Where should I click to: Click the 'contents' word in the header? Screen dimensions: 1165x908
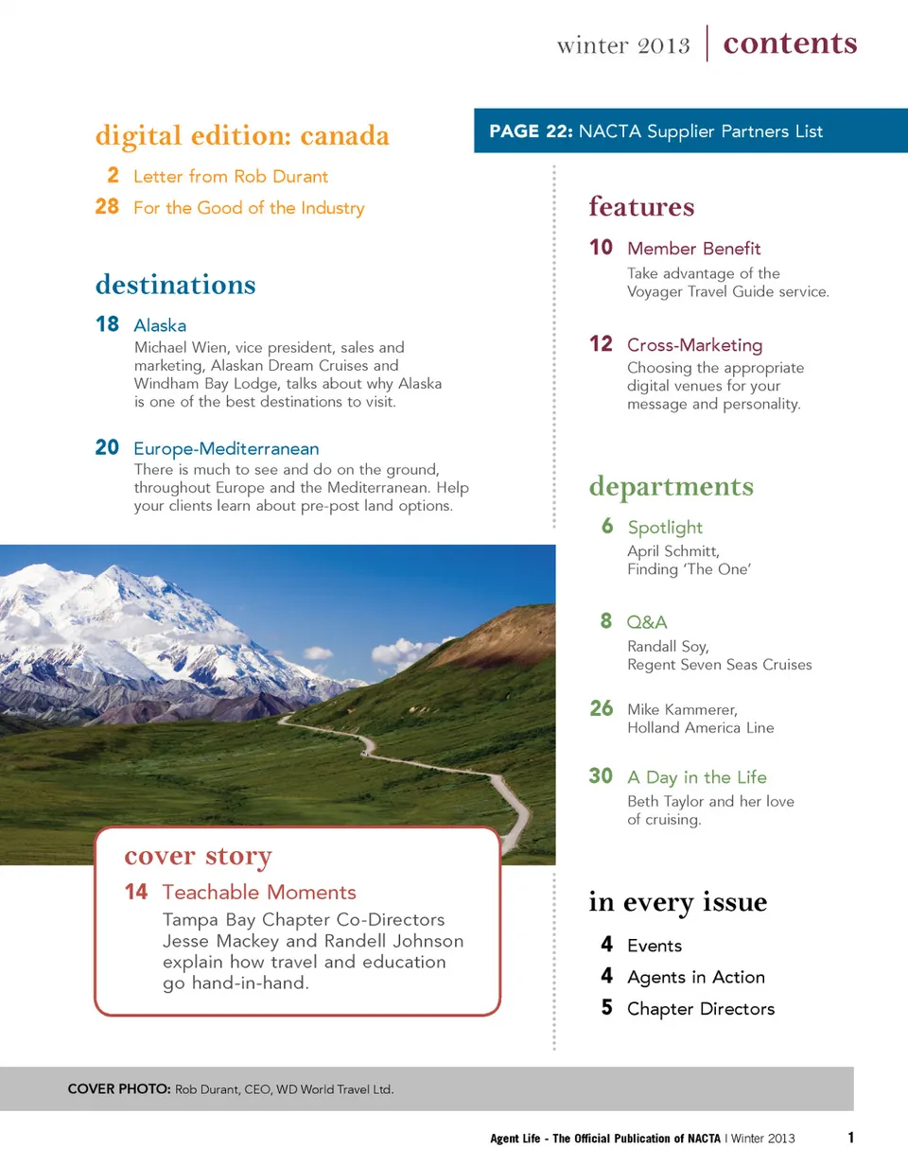790,43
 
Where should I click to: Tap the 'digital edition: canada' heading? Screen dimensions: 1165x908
242,135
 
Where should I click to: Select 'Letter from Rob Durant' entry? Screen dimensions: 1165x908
231,176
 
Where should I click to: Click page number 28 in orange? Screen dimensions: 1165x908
107,207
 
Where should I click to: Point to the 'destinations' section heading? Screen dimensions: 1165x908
175,284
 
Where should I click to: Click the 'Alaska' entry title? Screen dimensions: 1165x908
160,325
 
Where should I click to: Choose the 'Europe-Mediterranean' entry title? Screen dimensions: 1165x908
226,448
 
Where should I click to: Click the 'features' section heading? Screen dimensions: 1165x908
641,206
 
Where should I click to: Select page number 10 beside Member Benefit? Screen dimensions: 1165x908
601,248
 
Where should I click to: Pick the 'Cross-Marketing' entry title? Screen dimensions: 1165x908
694,345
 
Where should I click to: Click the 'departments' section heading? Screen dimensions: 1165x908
671,486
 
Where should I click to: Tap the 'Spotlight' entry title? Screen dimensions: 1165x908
665,528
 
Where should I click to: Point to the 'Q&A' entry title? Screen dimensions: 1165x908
647,622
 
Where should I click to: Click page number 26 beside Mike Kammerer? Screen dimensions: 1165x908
601,708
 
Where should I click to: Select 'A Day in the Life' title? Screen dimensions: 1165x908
696,777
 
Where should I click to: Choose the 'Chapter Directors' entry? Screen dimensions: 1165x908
700,1009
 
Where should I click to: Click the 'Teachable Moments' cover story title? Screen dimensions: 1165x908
259,893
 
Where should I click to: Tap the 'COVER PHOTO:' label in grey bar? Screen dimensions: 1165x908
119,1090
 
